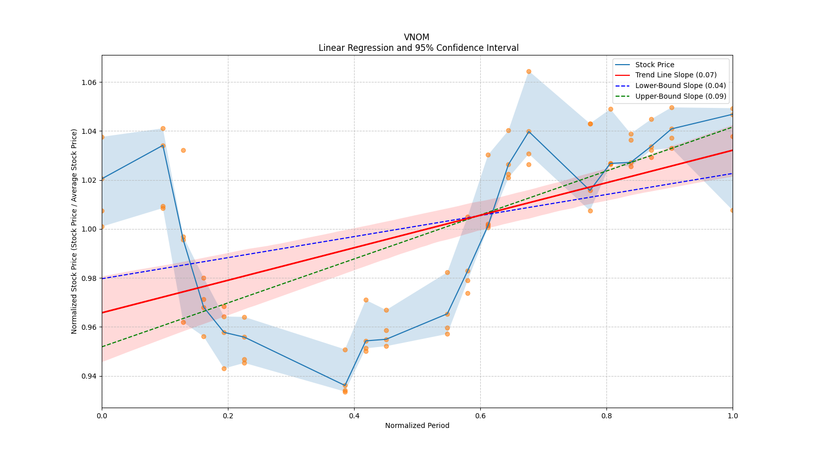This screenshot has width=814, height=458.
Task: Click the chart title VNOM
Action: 417,37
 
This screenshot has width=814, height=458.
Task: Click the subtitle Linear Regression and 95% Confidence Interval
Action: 418,48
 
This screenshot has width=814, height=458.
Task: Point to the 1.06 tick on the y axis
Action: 90,82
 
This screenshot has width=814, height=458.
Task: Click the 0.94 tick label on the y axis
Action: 90,376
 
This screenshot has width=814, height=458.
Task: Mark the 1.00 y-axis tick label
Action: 90,229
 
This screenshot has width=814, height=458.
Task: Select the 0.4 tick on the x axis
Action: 354,416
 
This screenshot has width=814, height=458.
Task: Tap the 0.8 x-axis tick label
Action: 606,416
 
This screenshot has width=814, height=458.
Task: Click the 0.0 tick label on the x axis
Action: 102,416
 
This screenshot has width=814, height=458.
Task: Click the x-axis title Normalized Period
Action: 417,425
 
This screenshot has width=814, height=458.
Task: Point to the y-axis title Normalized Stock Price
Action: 74,231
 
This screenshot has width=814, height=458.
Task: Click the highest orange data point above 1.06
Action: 529,71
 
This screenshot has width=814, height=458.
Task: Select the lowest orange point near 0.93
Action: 345,392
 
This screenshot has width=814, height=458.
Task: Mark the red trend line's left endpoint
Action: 102,312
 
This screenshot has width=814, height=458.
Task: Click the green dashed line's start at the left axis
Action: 102,347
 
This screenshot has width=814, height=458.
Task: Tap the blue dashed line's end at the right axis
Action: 732,174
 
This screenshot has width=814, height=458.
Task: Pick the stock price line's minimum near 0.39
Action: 345,386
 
